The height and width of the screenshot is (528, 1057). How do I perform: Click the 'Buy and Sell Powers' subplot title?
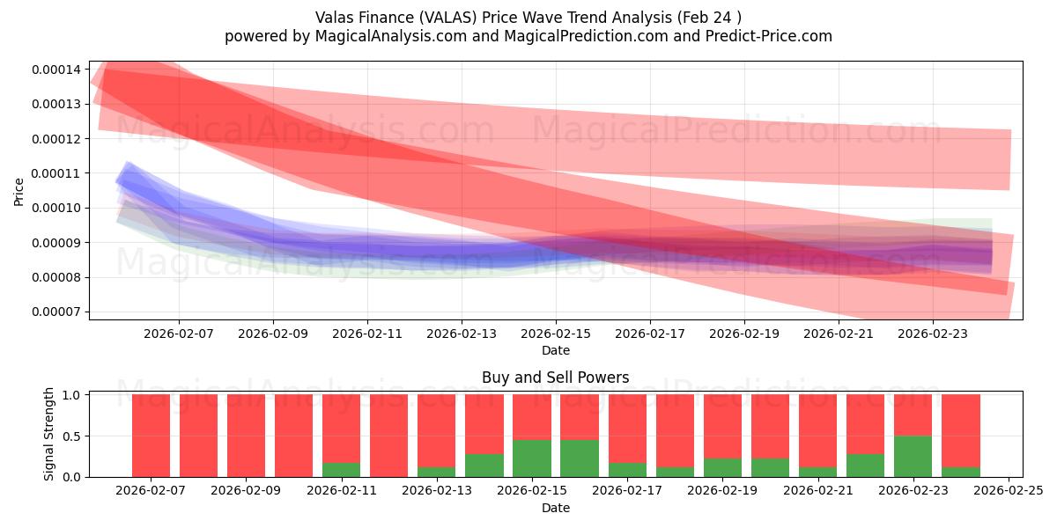(x=555, y=378)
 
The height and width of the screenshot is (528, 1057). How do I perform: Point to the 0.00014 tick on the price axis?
(x=55, y=70)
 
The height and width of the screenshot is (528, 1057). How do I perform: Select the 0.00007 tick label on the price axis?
(x=55, y=312)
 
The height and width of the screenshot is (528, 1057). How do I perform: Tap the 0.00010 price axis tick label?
(x=55, y=208)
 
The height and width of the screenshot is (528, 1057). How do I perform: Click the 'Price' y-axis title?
(x=19, y=191)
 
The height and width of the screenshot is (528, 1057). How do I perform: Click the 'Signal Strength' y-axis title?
(x=49, y=434)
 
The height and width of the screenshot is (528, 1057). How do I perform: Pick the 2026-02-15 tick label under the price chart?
(x=555, y=334)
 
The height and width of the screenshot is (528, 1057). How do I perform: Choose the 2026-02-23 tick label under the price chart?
(x=932, y=334)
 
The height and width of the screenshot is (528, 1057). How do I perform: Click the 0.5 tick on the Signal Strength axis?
(x=72, y=436)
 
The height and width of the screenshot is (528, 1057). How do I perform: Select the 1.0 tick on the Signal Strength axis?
(x=72, y=395)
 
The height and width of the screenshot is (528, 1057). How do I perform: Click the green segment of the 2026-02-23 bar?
(x=913, y=457)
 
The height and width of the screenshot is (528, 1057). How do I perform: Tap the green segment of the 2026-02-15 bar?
(x=532, y=458)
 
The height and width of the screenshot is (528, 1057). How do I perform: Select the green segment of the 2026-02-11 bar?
(x=341, y=470)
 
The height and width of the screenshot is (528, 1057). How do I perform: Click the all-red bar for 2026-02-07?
(x=151, y=436)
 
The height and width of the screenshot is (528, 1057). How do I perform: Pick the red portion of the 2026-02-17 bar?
(x=627, y=428)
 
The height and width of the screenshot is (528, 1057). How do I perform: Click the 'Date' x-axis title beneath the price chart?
(x=555, y=350)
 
